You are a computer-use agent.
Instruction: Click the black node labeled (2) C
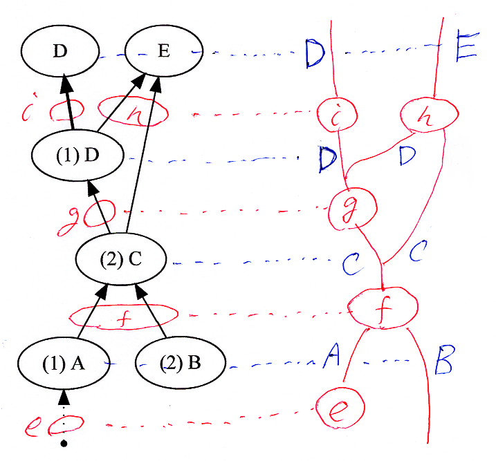click(122, 261)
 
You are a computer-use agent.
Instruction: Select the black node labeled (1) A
click(63, 364)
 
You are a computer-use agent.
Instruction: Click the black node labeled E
click(163, 52)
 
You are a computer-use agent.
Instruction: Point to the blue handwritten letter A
click(331, 357)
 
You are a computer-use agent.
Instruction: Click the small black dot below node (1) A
click(64, 442)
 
